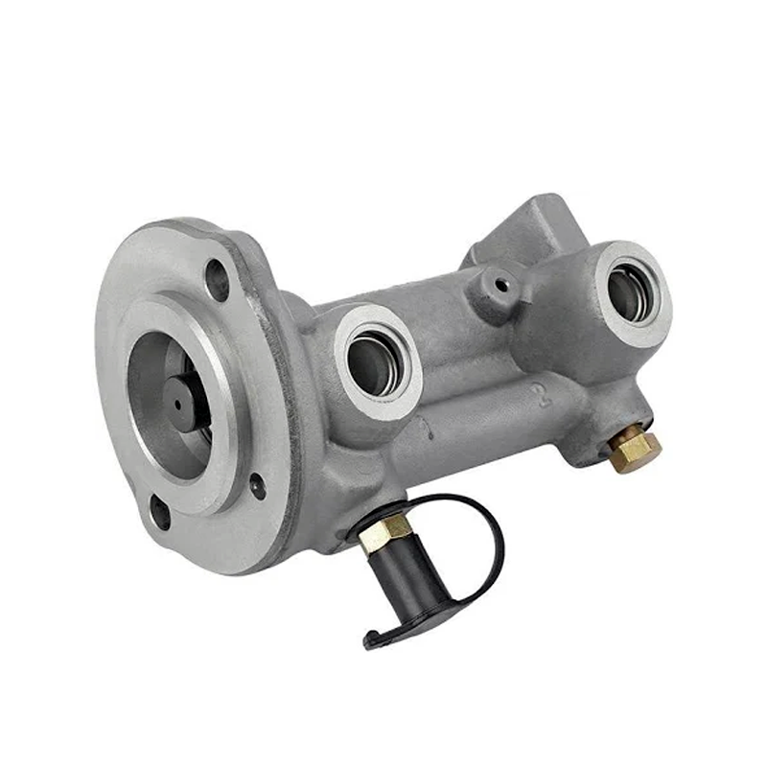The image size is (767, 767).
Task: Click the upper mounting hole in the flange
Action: point(218,280)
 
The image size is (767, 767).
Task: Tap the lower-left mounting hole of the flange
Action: point(160,512)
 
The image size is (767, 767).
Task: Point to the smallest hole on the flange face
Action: point(257,486)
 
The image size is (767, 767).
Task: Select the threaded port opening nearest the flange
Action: point(375,362)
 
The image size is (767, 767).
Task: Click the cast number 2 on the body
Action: point(544,396)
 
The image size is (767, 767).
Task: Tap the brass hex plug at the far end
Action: point(635,449)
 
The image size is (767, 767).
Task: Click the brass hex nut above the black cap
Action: point(385,532)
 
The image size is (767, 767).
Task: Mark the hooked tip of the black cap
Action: point(374,638)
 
